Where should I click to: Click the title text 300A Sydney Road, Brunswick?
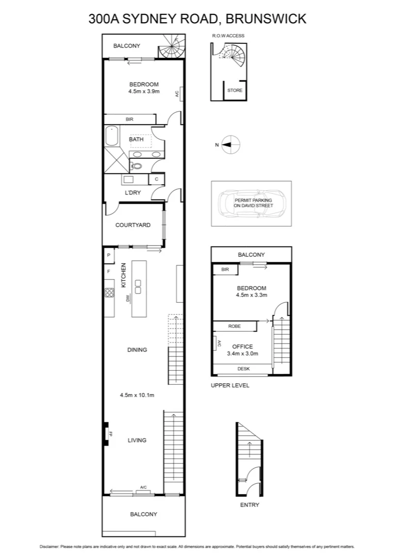197,19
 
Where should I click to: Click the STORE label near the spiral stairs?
235,91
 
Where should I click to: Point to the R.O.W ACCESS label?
227,36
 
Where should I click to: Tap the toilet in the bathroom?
136,166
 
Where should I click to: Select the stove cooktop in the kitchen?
109,292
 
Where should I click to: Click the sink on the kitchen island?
139,286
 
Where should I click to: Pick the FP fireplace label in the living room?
110,434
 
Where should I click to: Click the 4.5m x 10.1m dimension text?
137,396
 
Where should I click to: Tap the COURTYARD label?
133,225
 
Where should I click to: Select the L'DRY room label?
133,193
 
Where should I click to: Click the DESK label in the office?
243,369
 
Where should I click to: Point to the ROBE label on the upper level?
235,326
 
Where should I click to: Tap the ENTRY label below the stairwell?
250,505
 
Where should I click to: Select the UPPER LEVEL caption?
230,385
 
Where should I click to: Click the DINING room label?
137,350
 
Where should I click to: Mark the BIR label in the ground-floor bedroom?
129,119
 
